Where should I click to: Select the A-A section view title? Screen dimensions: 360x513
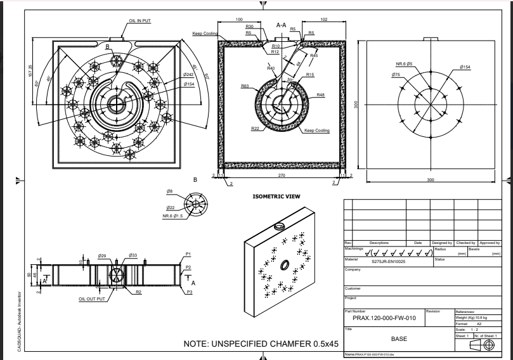(x=283, y=25)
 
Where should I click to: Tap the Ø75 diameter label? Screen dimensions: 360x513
(x=396, y=75)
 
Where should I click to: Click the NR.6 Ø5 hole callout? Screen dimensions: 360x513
(x=405, y=64)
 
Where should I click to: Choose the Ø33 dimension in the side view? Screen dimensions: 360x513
(x=133, y=255)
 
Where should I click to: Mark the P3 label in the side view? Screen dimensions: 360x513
(x=188, y=293)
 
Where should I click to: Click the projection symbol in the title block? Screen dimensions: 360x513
(x=488, y=345)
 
